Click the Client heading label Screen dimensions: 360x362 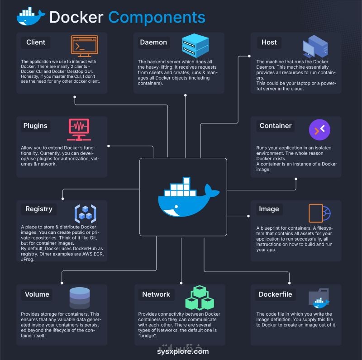[36, 43]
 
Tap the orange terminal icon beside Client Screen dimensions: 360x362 [84, 46]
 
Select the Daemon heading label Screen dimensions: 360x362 [153, 43]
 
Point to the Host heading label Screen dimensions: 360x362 [269, 43]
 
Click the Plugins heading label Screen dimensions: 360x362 [35, 126]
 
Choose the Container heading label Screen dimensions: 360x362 [276, 126]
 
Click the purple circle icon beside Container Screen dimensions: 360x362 [319, 130]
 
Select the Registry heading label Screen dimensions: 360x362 [39, 209]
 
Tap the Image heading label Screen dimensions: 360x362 [269, 209]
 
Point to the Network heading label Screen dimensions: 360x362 [156, 294]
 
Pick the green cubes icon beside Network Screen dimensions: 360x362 [200, 298]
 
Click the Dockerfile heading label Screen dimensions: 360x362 [275, 294]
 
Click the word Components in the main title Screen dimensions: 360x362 [157, 17]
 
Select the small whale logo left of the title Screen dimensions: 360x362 [30, 17]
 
